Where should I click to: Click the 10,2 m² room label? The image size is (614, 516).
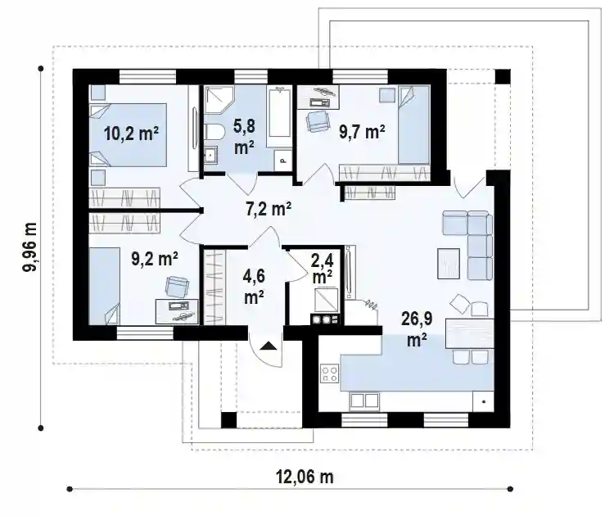coord(131,134)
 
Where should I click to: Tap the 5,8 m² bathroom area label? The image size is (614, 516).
coord(244,137)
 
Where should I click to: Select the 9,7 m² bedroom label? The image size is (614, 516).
coord(362,132)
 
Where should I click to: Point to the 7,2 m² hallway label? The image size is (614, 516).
coord(269,209)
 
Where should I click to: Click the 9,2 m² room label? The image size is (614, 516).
coord(155,259)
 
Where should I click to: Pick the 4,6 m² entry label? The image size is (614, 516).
coord(254,287)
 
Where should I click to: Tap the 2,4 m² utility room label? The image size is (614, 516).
coord(322,269)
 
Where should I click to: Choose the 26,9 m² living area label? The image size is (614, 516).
coord(417,329)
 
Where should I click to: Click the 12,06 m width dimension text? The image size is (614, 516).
coord(305,478)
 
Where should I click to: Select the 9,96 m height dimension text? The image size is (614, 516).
coord(29,247)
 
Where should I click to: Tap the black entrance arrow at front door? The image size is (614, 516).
coord(269,346)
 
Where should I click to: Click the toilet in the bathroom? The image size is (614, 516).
coord(214,132)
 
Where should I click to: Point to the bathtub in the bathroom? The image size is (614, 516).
coord(280,111)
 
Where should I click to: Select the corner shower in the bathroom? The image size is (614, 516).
coord(219,100)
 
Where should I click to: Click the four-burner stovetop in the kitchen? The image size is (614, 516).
coord(330,373)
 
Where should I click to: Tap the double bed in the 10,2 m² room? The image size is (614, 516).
coord(129,135)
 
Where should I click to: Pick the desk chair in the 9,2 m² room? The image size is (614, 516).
coord(176,287)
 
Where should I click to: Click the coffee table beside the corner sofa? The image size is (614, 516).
coord(449,264)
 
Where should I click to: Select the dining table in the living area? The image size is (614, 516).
coord(470,333)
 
